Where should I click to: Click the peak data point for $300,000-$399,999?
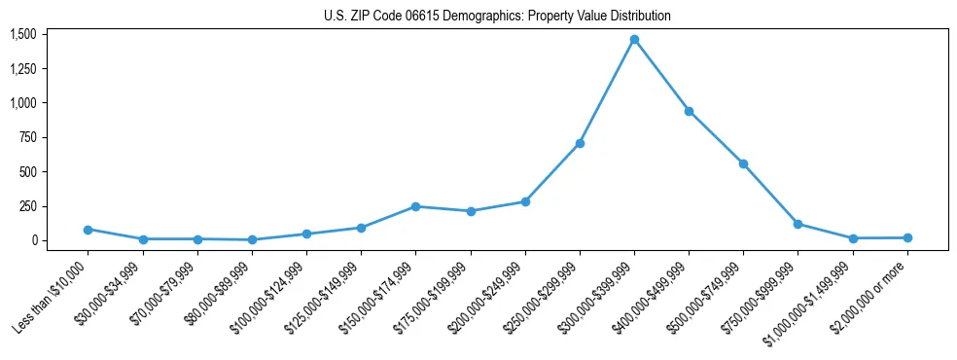634,40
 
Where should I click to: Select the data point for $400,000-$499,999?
689,111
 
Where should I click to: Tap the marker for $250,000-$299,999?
580,143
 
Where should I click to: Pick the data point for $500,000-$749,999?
743,163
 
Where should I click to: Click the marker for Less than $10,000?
88,230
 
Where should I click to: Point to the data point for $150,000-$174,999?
415,206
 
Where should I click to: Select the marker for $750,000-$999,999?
797,224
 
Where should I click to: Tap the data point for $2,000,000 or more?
907,237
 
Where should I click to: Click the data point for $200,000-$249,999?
525,201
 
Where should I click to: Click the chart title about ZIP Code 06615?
497,17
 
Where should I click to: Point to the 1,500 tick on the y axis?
22,34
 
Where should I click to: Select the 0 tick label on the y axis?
32,240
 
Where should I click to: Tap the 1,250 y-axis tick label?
22,69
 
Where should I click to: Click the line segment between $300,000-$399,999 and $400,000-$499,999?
661,76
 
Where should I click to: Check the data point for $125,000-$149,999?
361,228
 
